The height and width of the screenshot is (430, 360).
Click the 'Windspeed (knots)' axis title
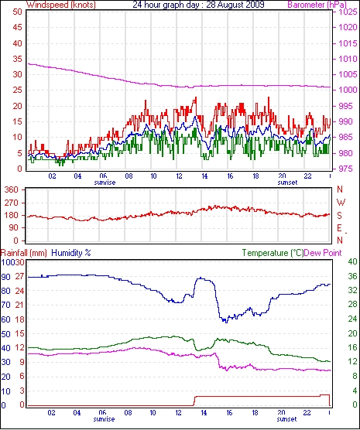click(60, 5)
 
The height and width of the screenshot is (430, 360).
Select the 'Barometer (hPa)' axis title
click(317, 5)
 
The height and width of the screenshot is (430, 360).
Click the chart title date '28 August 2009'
click(235, 5)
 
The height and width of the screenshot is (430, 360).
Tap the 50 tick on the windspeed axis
click(17, 12)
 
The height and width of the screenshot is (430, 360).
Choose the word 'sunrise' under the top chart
click(105, 183)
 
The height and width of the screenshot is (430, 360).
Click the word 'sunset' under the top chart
click(287, 183)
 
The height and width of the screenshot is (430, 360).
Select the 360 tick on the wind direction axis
click(12, 189)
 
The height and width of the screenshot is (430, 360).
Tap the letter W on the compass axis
click(341, 203)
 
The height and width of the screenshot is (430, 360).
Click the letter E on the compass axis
click(339, 228)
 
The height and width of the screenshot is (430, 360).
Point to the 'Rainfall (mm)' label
click(24, 253)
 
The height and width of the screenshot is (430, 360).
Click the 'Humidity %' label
click(71, 253)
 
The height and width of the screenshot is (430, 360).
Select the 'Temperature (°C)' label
click(273, 253)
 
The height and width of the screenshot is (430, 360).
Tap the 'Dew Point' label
click(323, 253)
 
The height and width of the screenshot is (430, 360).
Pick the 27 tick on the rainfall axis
click(20, 276)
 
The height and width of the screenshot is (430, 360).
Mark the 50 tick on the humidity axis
click(5, 334)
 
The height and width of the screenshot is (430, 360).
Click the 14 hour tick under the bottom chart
click(204, 412)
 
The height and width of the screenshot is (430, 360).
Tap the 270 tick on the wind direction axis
click(12, 203)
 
